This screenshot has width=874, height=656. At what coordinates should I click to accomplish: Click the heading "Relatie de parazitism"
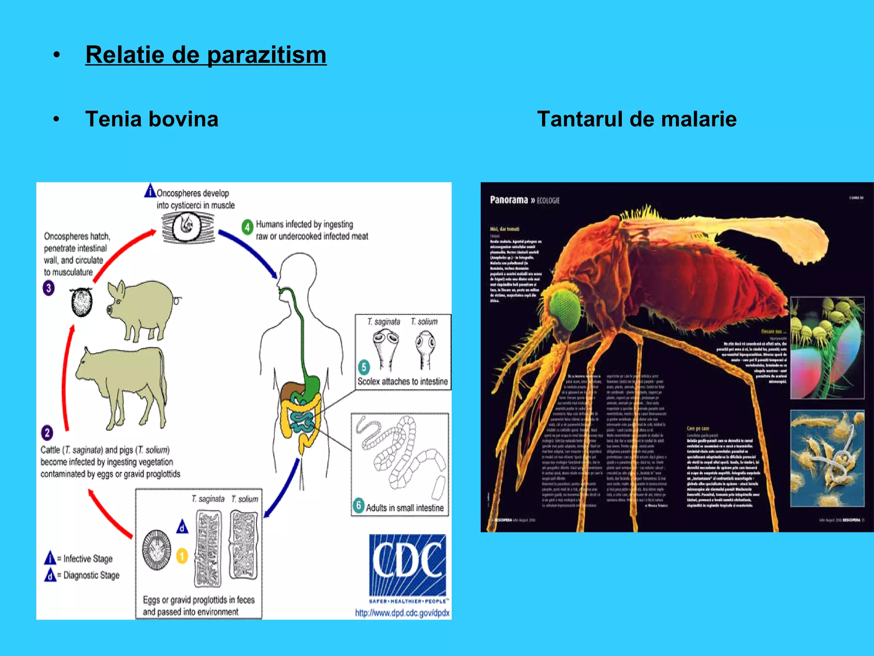[206, 55]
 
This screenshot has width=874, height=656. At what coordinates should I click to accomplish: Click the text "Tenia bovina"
[151, 119]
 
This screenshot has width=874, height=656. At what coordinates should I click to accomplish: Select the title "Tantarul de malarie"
[636, 119]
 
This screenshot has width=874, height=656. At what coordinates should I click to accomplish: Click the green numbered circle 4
[247, 227]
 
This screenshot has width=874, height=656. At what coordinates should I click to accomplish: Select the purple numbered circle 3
[49, 288]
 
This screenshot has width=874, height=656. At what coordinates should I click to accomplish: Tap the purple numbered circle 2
[47, 433]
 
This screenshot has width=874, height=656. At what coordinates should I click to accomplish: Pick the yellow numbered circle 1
[182, 556]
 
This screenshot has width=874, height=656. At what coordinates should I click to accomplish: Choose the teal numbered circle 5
[364, 367]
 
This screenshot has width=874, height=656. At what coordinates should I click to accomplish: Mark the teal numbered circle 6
[358, 505]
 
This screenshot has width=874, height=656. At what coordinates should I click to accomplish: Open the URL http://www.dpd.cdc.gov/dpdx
[402, 613]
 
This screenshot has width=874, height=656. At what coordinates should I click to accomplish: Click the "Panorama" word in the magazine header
[509, 200]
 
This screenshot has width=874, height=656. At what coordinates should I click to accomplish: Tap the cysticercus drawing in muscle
[188, 227]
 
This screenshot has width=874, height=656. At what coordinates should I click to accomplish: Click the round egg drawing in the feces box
[156, 551]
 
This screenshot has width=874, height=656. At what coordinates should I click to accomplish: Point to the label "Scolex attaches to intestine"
[402, 381]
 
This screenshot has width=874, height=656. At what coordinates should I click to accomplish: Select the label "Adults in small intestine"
[405, 508]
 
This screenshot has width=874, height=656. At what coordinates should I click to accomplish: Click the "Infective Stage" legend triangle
[50, 558]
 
